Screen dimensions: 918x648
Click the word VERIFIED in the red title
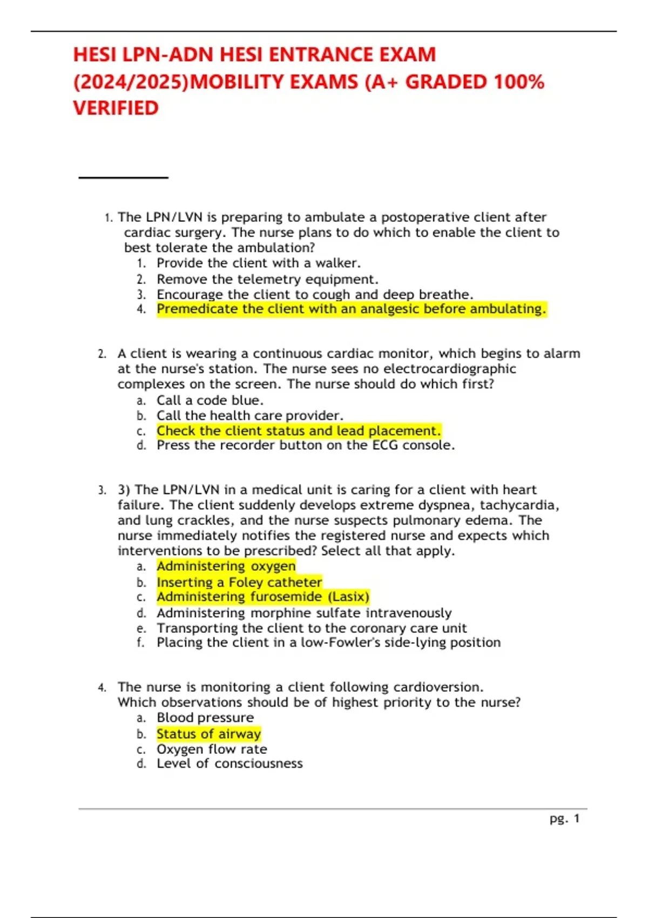[x=116, y=108]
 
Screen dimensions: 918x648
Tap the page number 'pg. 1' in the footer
[x=564, y=819]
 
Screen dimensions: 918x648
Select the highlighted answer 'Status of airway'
[x=208, y=734]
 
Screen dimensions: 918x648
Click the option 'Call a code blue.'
[x=210, y=400]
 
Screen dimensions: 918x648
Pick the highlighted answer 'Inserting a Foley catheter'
[x=239, y=582]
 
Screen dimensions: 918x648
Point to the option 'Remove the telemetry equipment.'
[x=267, y=279]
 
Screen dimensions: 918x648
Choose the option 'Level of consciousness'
[x=230, y=764]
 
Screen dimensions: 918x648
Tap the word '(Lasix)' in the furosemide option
[x=348, y=597]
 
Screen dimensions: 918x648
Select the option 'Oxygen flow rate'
[x=212, y=749]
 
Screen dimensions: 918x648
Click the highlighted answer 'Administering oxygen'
[x=226, y=566]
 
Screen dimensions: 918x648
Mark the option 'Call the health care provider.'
[x=249, y=415]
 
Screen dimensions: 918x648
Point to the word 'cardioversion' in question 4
[x=437, y=687]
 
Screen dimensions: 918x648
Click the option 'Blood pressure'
[x=205, y=718]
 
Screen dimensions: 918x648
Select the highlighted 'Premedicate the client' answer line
[x=351, y=309]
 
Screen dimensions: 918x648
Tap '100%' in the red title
[x=518, y=82]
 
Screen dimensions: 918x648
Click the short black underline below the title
[x=123, y=177]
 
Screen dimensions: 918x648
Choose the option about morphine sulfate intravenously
[x=304, y=613]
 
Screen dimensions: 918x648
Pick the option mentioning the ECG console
[x=306, y=445]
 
